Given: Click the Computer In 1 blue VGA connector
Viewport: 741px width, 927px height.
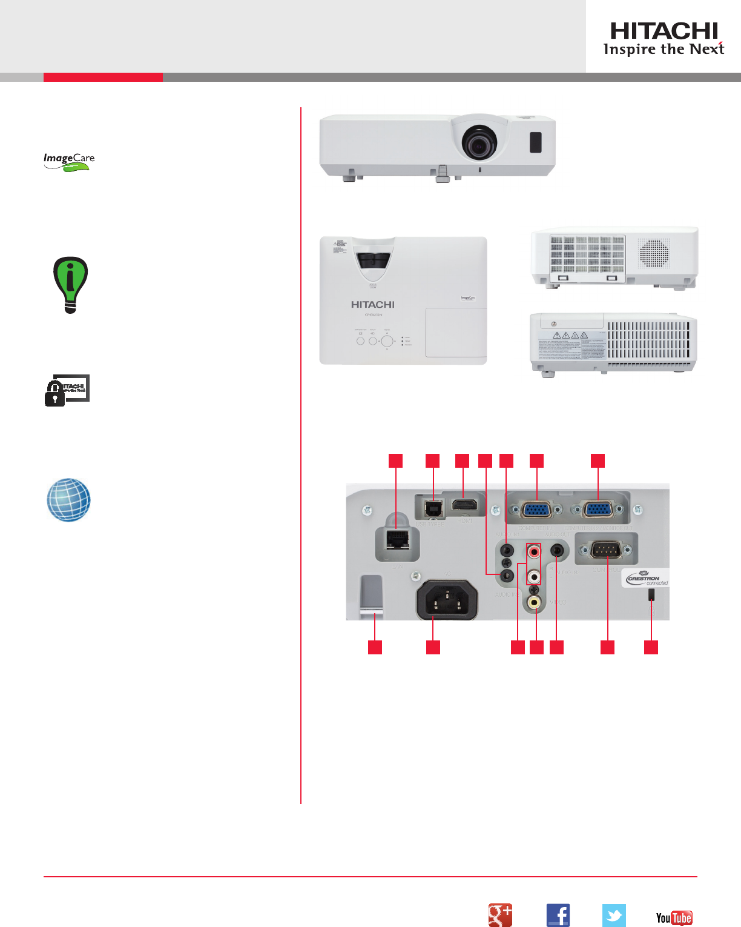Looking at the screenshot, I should [536, 509].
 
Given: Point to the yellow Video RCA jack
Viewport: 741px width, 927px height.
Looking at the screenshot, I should [534, 602].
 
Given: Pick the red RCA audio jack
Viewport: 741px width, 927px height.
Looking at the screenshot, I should [534, 552].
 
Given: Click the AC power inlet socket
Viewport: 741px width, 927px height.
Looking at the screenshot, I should [447, 600].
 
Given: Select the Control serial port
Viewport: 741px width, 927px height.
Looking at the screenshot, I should [606, 550].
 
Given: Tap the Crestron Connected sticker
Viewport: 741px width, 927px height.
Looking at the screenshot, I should [645, 578].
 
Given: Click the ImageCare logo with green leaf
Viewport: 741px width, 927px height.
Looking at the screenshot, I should [69, 161].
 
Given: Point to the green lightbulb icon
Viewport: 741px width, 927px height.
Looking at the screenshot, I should [71, 284].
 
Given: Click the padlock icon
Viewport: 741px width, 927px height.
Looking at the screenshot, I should [55, 394].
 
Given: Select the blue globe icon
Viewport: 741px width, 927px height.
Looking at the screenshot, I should [69, 500].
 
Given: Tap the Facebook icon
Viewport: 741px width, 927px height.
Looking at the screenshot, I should [558, 915].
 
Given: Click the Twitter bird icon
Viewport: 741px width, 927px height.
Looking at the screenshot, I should [614, 915].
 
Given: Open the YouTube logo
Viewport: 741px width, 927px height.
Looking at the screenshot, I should [674, 917].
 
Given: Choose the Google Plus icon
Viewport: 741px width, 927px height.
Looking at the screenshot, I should [500, 915].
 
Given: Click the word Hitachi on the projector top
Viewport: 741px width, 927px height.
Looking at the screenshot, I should [372, 305].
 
